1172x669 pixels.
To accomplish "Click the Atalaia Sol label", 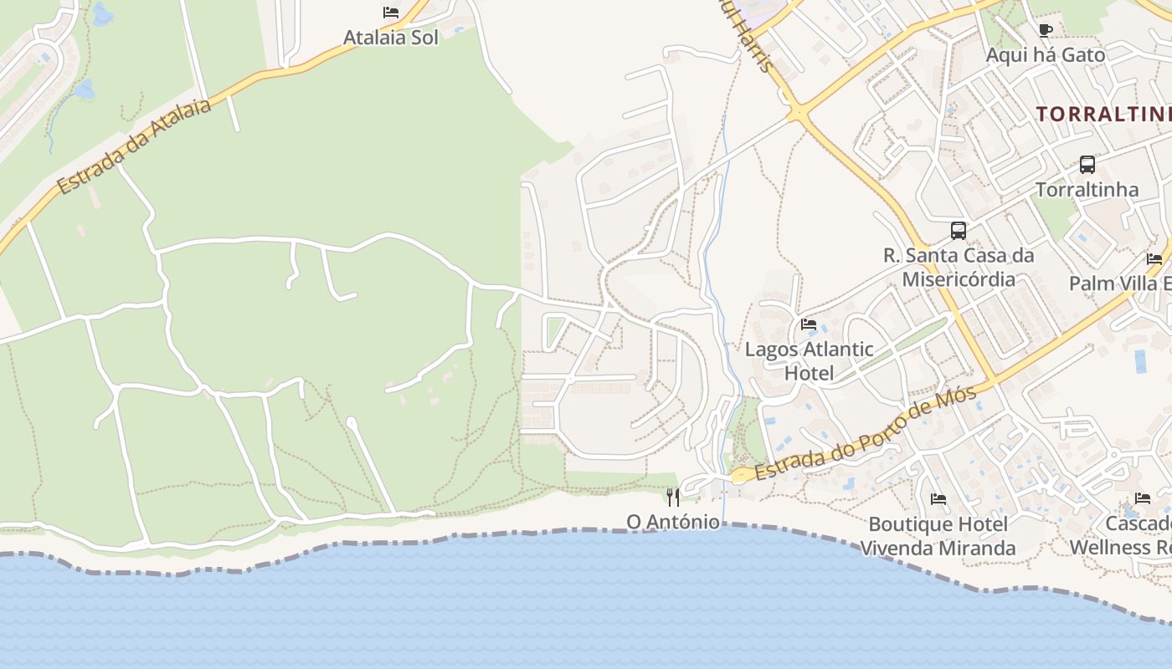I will [390, 38].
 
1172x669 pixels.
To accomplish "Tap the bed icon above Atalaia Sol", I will [391, 13].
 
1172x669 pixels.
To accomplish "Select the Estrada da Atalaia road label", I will [134, 146].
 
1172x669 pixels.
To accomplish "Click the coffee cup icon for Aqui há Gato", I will [1045, 31].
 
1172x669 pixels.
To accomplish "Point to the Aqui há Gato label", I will [1045, 55].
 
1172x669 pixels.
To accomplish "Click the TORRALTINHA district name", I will [1103, 115].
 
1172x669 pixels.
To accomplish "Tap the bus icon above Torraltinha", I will [1087, 165].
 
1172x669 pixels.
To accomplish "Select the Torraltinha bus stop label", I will [1087, 190].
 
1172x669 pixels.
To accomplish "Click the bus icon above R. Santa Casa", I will [959, 231].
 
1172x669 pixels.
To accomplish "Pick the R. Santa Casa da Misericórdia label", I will [959, 267].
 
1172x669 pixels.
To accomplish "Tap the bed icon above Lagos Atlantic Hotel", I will [809, 324].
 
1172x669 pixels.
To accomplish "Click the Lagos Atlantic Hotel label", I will [809, 360].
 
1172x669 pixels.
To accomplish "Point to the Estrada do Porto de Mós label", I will [866, 435].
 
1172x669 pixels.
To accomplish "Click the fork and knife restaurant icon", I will [673, 498].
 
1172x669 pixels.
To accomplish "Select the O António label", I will [673, 522].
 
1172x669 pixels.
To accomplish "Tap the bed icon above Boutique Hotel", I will [938, 499].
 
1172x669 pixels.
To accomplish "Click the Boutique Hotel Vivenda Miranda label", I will [938, 536].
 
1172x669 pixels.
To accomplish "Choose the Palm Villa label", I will [1120, 283].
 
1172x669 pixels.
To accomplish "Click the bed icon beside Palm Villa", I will [1154, 259].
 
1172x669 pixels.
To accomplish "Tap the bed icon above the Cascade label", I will [1143, 498].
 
